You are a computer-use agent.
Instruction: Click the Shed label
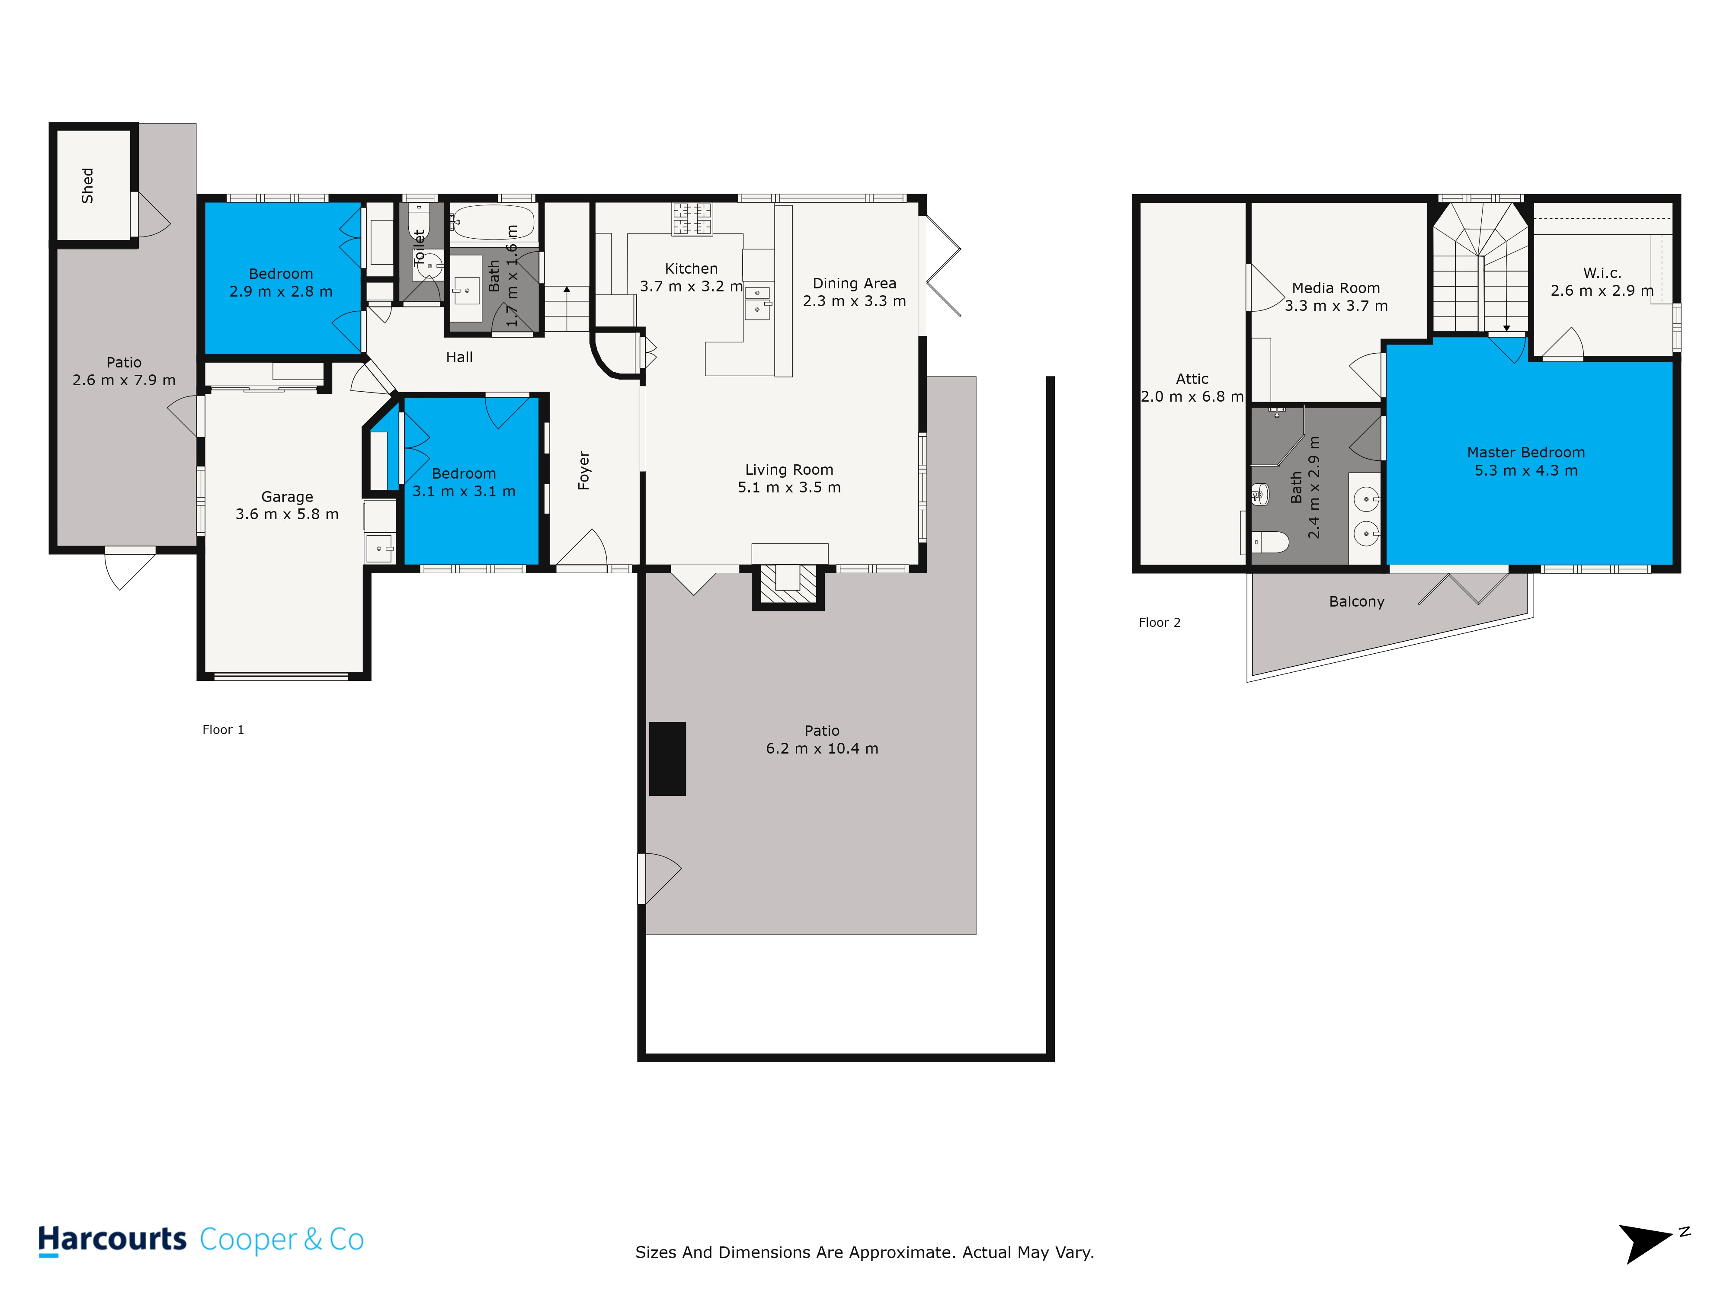[88, 185]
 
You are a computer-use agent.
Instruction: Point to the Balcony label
[1357, 602]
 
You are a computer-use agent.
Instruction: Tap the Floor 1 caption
[223, 729]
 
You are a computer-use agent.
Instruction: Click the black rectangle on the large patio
[667, 758]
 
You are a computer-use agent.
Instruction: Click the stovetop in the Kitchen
[692, 218]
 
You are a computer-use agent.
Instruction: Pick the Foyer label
[583, 471]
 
